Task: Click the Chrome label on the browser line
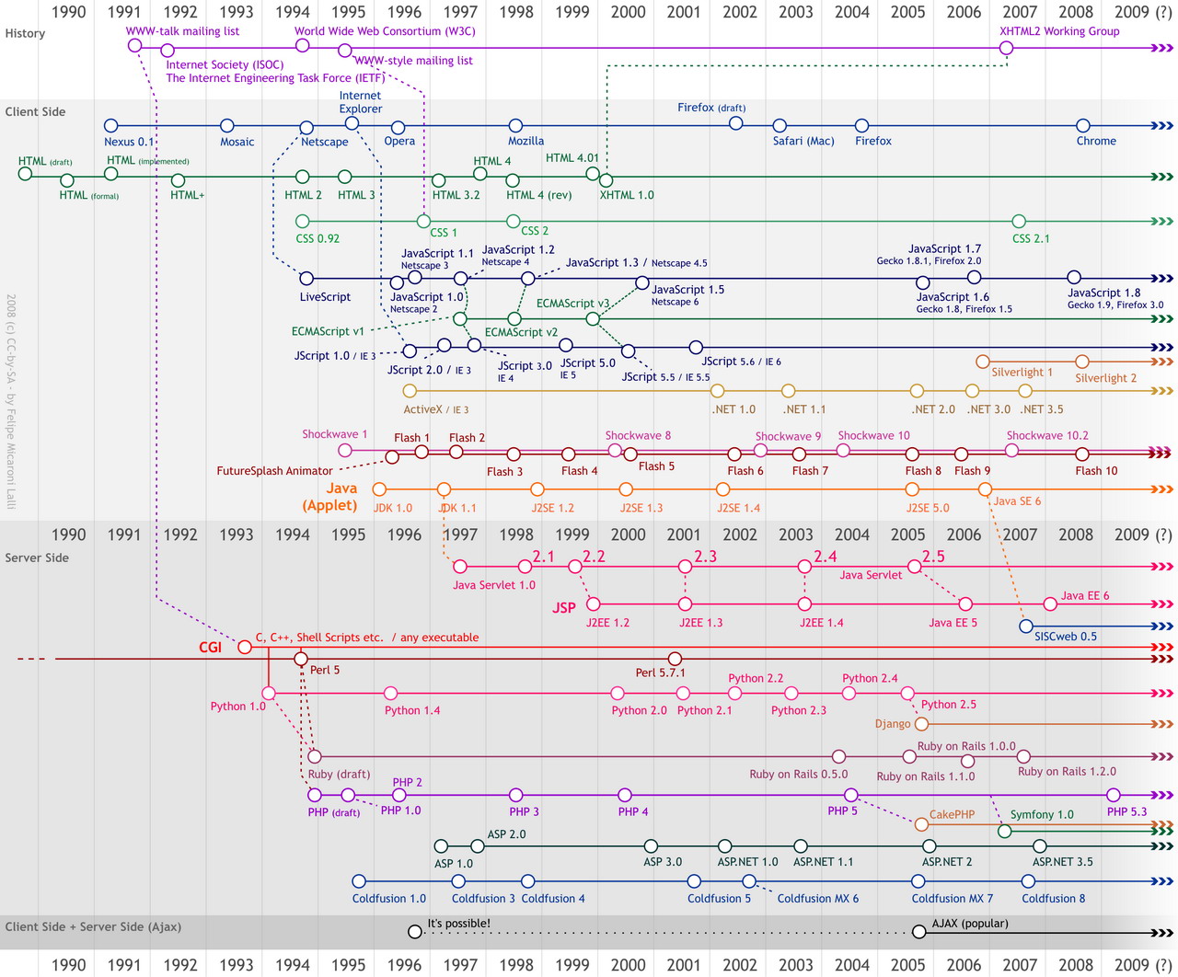point(1096,141)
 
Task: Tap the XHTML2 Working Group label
point(1059,31)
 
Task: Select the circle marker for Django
point(921,724)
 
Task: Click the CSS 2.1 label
point(1031,238)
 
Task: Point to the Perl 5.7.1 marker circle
point(675,659)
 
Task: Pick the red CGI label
point(211,647)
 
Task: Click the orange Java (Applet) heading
point(330,497)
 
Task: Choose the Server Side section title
point(37,557)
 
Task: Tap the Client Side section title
point(35,111)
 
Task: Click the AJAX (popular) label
point(970,923)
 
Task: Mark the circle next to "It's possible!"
point(415,932)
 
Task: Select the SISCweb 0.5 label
point(1066,636)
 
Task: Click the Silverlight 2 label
point(1105,378)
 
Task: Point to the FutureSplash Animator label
point(274,471)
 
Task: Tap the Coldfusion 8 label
point(1053,898)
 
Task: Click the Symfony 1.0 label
point(1042,814)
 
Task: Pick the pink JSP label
point(564,607)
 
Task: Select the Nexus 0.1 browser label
point(129,142)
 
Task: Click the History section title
point(25,33)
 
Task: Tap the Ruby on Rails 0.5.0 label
point(798,774)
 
